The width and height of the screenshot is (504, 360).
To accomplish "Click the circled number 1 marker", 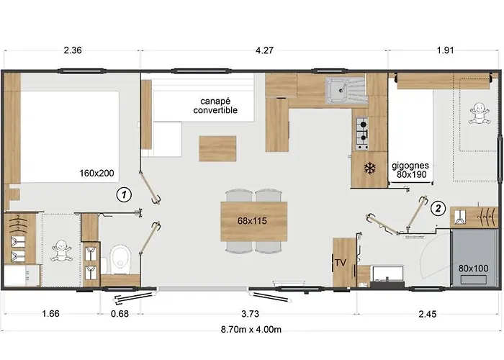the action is pos(124,194).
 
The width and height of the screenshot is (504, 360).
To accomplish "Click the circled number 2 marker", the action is pos(438,209).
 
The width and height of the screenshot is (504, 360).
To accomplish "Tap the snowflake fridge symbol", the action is pos(370,168).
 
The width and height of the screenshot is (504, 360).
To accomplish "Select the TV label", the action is pos(341,263).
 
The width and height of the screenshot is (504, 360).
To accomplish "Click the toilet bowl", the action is pos(120,260).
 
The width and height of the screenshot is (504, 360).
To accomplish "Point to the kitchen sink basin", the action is pos(336,91).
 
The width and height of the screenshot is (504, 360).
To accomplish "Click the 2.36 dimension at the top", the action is pos(73,50).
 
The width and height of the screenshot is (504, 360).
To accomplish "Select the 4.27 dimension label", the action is pos(264,50).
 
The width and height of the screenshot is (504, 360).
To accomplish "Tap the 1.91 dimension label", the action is pos(445,50).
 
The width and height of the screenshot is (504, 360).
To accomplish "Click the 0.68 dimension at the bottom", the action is pos(120,313).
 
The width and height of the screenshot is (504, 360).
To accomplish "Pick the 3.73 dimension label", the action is pos(250,313).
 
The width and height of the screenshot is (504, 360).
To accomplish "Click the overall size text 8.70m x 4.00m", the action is pos(251,330).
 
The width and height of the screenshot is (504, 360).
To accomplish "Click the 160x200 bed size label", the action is pos(96,174).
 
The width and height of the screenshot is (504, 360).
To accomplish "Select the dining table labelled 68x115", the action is pos(253,221).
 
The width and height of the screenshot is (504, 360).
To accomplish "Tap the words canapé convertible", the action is pos(215,105).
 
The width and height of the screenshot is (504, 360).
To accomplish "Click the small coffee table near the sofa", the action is pos(217,148).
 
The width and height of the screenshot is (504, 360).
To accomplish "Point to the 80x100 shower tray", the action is pos(474,258).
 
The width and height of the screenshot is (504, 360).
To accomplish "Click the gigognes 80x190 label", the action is pos(410,170).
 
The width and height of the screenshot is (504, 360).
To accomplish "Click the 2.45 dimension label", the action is pos(428,313).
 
